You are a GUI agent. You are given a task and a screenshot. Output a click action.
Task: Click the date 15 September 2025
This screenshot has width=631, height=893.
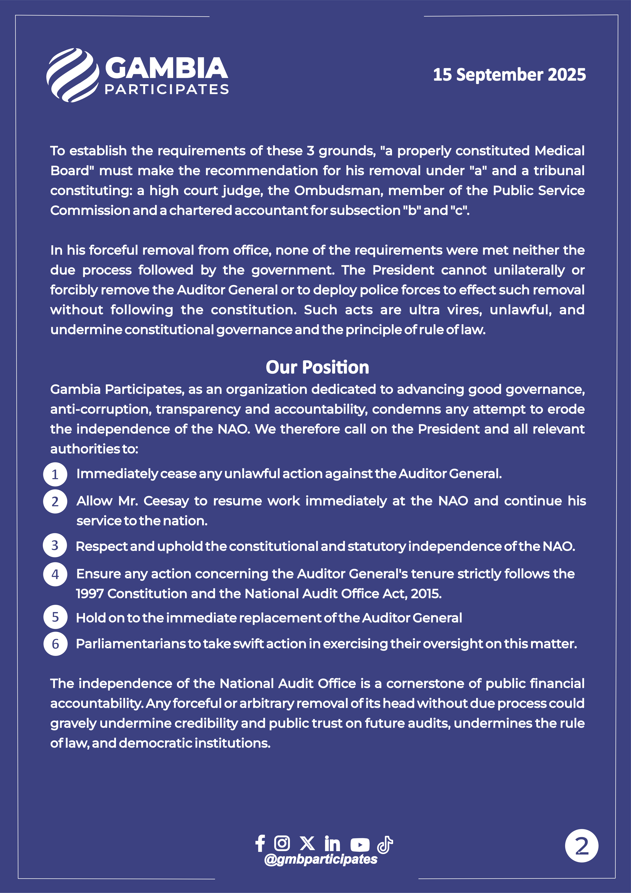point(509,75)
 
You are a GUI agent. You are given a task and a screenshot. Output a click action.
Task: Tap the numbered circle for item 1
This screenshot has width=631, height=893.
point(55,474)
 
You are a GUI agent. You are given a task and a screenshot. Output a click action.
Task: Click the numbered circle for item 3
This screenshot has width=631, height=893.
point(55,545)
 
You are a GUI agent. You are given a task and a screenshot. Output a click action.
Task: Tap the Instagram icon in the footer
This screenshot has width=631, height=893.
point(282,843)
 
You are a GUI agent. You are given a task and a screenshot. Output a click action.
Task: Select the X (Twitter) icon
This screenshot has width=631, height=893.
point(307,843)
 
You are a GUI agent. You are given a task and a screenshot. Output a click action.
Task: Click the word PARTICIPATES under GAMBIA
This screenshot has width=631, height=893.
point(167,89)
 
